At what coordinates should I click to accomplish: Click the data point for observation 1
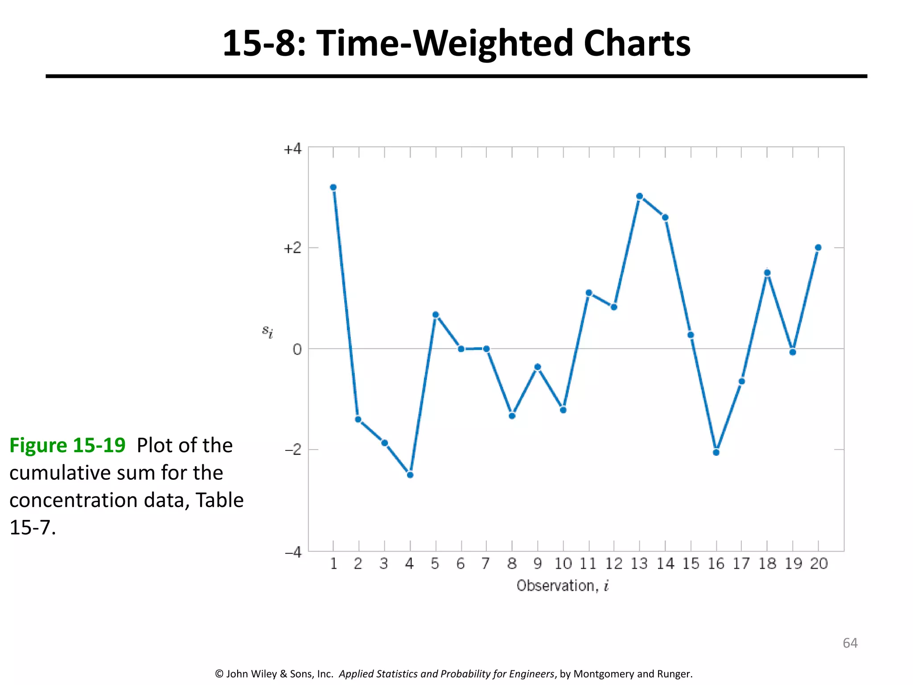[x=333, y=187]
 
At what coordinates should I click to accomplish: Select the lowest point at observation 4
[x=410, y=475]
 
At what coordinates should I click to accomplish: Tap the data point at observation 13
[x=639, y=196]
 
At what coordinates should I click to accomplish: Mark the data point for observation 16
[x=716, y=452]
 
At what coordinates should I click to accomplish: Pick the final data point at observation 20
[x=818, y=248]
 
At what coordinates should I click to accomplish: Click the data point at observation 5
[x=436, y=315]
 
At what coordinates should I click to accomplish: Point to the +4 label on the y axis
[x=292, y=149]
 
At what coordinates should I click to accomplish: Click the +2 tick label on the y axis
[x=292, y=248]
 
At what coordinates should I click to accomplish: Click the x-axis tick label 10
[x=563, y=564]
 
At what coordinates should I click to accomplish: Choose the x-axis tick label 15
[x=691, y=564]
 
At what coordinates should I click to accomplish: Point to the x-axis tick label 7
[x=486, y=564]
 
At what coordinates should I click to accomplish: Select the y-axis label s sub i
[x=267, y=331]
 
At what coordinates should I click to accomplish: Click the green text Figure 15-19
[x=67, y=445]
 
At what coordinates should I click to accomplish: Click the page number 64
[x=850, y=643]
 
